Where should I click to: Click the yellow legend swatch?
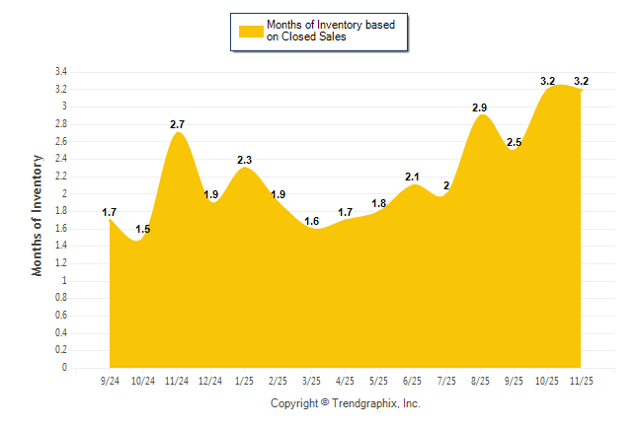pos(250,31)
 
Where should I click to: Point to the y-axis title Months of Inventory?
pos(38,214)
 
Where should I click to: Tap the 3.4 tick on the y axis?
pos(61,72)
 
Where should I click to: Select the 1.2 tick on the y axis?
pos(61,263)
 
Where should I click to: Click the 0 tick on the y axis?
pos(65,368)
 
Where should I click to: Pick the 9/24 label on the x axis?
pos(111,381)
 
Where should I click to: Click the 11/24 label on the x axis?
pos(178,381)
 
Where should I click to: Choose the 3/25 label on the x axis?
pos(311,381)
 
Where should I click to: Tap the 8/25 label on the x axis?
pos(481,381)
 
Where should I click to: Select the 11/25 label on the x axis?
pos(582,381)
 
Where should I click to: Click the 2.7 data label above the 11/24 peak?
pos(178,124)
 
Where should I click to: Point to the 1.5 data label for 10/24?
pos(143,230)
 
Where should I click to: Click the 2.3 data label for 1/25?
pos(245,160)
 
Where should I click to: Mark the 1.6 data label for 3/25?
pos(312,221)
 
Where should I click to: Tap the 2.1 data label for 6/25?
pos(414,178)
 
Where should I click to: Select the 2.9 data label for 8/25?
pos(482,107)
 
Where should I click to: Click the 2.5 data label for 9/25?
pos(515,143)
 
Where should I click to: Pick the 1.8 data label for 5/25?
pos(379,203)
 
